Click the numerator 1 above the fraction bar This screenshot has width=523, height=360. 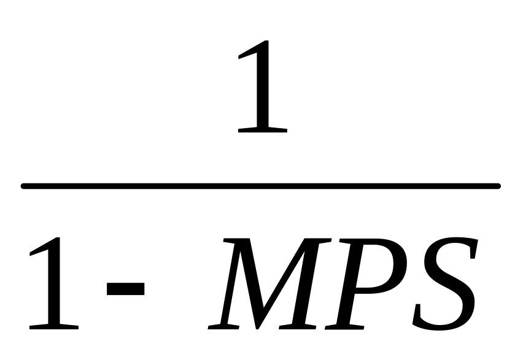pyautogui.click(x=263, y=86)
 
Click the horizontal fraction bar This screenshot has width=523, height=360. pyautogui.click(x=261, y=185)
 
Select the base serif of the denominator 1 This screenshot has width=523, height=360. pyautogui.click(x=54, y=326)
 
